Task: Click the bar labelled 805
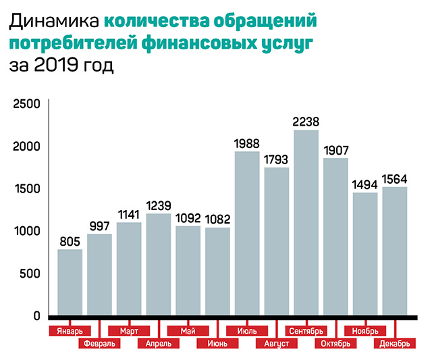pyautogui.click(x=70, y=282)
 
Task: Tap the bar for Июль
pyautogui.click(x=247, y=233)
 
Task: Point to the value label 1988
pyautogui.click(x=247, y=143)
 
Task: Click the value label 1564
pyautogui.click(x=395, y=178)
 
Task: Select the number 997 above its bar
pyautogui.click(x=99, y=225)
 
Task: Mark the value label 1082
pyautogui.click(x=217, y=219)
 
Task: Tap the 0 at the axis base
pyautogui.click(x=38, y=316)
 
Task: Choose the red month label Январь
pyautogui.click(x=70, y=332)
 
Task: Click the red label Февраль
pyautogui.click(x=99, y=343)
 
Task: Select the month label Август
pyautogui.click(x=277, y=343)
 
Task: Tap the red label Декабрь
pyautogui.click(x=394, y=343)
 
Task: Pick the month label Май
pyautogui.click(x=188, y=332)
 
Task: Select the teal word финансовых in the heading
pyautogui.click(x=199, y=44)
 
